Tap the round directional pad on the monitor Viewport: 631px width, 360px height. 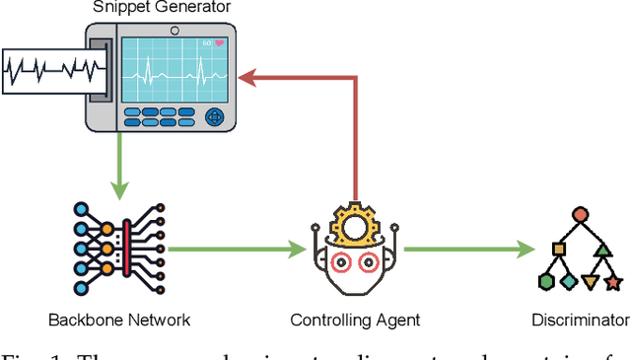click(x=217, y=117)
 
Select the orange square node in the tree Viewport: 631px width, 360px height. click(x=557, y=250)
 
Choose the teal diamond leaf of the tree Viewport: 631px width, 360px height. click(x=569, y=282)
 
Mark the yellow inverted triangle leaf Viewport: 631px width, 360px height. click(x=592, y=283)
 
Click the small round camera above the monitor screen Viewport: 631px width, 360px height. click(x=174, y=29)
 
